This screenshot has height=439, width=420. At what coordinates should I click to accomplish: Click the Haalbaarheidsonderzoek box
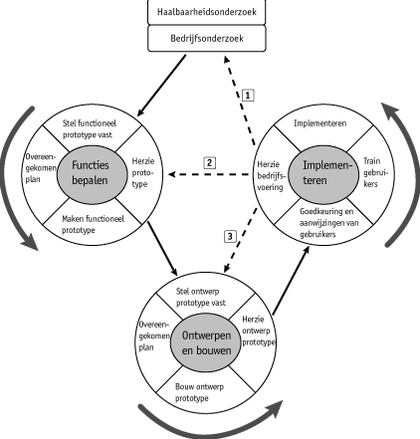[207, 12]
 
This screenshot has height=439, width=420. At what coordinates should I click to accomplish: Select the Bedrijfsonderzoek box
[207, 39]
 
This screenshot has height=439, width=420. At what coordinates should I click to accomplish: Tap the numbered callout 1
[248, 96]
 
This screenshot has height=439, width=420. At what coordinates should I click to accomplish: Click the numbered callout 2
[209, 162]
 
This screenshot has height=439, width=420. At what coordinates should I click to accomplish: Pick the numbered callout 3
[230, 237]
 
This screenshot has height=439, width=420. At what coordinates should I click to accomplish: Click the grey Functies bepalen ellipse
[92, 173]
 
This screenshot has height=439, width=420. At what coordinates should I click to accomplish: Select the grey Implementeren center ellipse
[323, 173]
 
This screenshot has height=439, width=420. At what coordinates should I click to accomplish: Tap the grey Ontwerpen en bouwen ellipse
[206, 343]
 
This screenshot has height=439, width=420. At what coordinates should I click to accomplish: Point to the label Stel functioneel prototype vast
[90, 129]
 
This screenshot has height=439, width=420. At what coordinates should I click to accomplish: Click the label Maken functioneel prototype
[93, 224]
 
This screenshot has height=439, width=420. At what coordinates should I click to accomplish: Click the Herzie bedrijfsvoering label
[271, 175]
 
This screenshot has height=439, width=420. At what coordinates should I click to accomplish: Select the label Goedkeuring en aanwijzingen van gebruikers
[328, 223]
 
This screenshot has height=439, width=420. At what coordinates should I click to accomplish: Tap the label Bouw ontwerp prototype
[199, 392]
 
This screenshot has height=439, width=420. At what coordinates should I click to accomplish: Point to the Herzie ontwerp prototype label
[259, 330]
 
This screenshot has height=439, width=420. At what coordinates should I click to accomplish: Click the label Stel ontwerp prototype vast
[200, 297]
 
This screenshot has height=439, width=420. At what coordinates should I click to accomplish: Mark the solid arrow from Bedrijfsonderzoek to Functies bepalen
[161, 86]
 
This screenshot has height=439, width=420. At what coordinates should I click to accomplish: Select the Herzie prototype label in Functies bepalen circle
[143, 172]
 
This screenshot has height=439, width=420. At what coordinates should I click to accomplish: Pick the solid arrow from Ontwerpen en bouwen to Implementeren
[291, 280]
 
